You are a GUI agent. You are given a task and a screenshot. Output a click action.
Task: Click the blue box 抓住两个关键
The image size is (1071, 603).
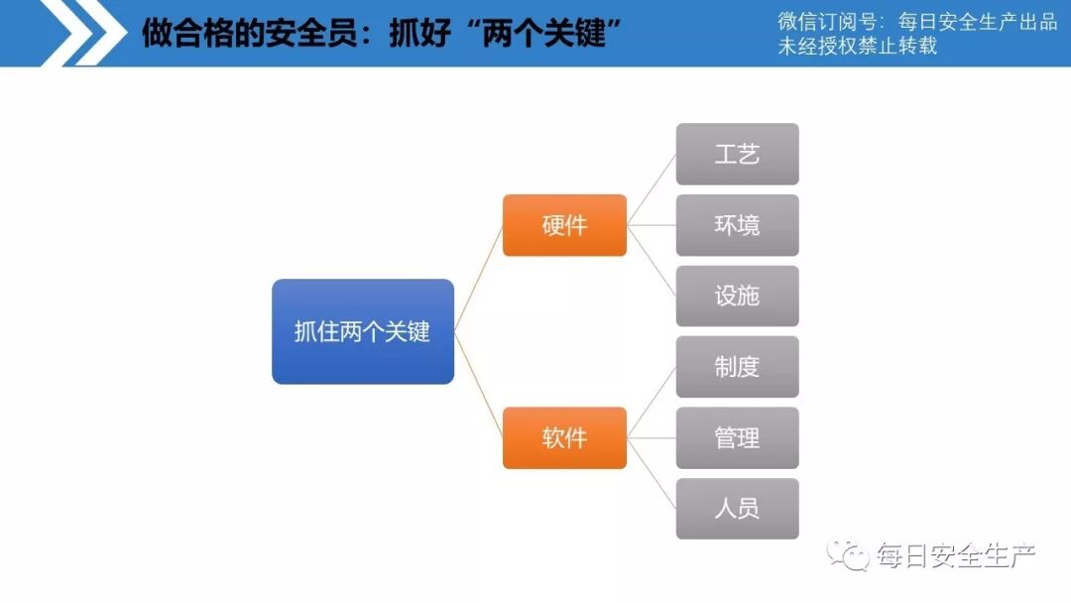click(x=363, y=331)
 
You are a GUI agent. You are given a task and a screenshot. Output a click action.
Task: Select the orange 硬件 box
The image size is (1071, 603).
click(x=564, y=225)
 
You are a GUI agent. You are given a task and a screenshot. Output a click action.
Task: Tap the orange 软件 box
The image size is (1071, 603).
click(x=564, y=437)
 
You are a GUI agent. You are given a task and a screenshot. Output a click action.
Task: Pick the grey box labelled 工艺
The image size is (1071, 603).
click(x=737, y=154)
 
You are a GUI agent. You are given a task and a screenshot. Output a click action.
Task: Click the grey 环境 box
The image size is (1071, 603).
click(x=737, y=225)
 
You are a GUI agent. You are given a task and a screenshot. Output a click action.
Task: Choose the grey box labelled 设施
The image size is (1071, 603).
click(x=737, y=296)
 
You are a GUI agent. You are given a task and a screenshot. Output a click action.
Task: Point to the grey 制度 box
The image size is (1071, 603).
click(x=737, y=367)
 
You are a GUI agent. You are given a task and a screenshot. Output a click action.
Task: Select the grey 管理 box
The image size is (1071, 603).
click(x=737, y=437)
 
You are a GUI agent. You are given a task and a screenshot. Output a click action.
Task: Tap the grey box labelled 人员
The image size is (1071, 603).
click(x=737, y=509)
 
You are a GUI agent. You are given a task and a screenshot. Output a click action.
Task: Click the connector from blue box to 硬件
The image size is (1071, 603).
click(x=479, y=278)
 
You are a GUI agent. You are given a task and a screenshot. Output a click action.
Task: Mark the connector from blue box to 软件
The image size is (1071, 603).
click(x=479, y=385)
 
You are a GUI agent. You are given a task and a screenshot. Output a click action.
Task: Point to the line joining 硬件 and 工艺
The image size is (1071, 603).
click(x=652, y=189)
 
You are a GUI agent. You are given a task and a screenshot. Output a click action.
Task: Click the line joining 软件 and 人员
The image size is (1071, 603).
click(x=652, y=473)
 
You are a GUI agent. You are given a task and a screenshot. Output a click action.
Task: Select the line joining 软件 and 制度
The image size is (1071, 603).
click(x=652, y=402)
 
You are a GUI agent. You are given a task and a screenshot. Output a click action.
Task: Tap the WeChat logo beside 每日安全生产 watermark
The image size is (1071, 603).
click(x=849, y=554)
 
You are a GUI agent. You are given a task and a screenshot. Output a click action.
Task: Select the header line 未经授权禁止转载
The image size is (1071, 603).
click(x=856, y=46)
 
